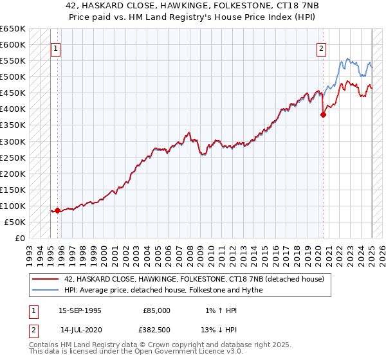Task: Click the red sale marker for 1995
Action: [57, 210]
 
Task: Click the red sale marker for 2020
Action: [323, 115]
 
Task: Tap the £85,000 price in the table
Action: [156, 310]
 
